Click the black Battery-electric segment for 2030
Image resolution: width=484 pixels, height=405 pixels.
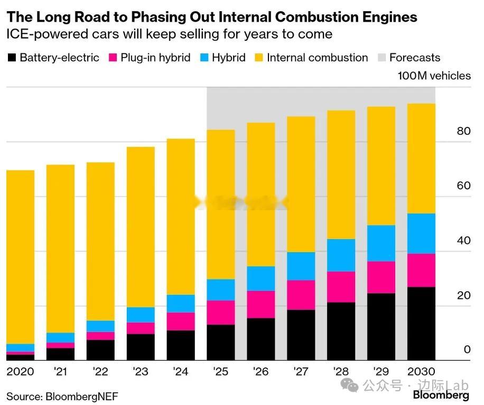[421, 324]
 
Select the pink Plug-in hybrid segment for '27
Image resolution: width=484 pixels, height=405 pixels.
[301, 295]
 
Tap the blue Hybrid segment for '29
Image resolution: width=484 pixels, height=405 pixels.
[381, 243]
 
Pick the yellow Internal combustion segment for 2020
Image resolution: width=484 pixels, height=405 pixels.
[20, 257]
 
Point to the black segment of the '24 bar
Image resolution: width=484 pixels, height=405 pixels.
[180, 345]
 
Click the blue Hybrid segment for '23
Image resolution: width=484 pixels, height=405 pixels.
[140, 315]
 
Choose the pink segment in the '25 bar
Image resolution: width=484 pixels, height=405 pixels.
[220, 312]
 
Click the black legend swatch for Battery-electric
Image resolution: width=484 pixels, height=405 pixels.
[12, 58]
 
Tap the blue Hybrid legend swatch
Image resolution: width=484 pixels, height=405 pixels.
[204, 58]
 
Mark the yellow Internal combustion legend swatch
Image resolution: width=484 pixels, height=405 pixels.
[259, 58]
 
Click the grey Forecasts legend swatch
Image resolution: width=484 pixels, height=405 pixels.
[381, 58]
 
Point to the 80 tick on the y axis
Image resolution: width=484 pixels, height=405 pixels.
[463, 131]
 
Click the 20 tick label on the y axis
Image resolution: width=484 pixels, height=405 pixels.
[463, 295]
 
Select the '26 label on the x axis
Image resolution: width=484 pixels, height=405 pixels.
[260, 372]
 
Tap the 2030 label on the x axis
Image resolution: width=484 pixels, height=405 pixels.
[421, 372]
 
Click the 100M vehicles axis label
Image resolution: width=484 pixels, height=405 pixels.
[434, 76]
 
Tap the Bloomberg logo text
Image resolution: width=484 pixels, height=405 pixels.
[441, 395]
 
